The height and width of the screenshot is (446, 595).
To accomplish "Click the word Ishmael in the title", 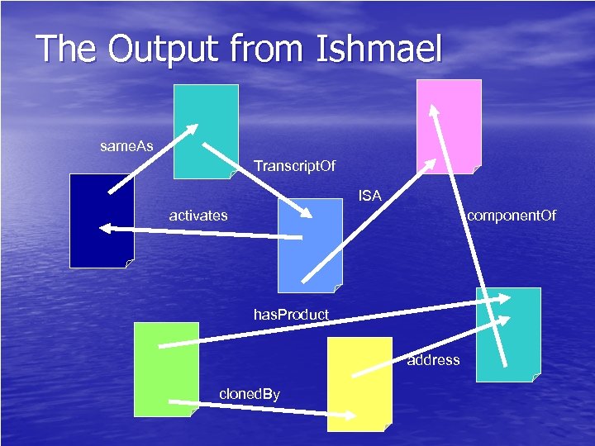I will click(x=379, y=49).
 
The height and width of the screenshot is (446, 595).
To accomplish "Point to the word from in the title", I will click(x=269, y=49).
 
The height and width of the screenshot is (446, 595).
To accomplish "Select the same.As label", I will click(x=126, y=146).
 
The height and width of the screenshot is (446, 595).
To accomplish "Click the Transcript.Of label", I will click(x=295, y=167).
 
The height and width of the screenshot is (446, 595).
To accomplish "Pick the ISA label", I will click(x=369, y=196).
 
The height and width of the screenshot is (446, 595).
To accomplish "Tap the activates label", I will click(x=198, y=216).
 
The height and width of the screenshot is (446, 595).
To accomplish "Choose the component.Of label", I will click(x=512, y=216).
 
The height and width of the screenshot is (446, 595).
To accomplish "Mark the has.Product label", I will click(x=291, y=314).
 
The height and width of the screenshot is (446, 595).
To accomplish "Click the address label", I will click(x=433, y=359).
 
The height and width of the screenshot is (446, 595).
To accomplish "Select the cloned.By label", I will click(x=250, y=393).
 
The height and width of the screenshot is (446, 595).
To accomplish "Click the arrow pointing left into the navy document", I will click(x=198, y=233).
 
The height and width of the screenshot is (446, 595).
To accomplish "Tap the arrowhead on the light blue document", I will click(x=307, y=215).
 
